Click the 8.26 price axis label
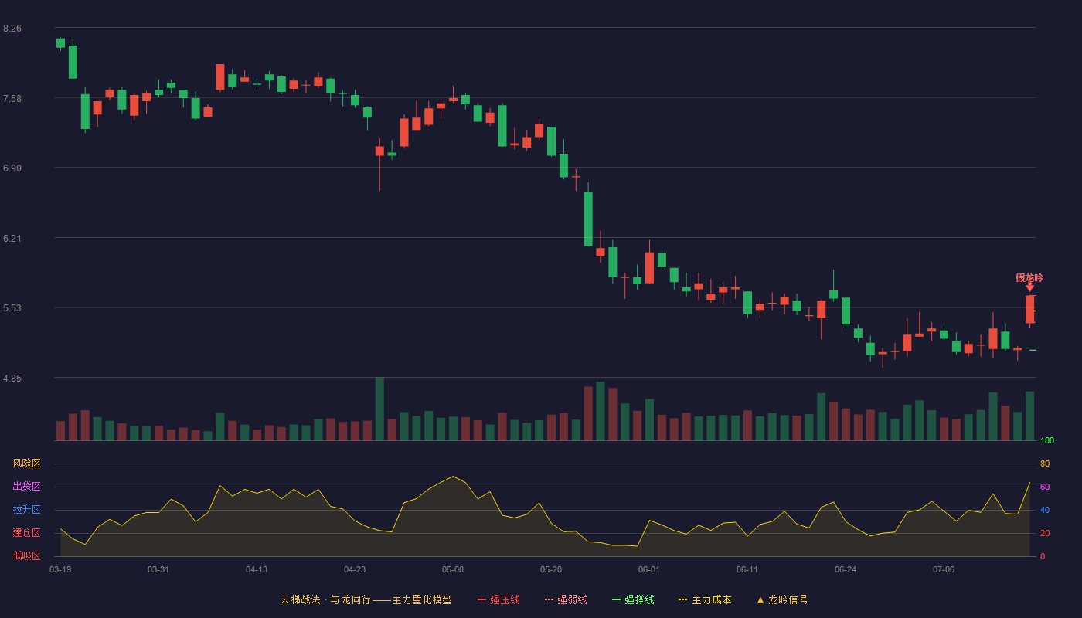12,29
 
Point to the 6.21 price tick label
12,239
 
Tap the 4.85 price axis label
12,379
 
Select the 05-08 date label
453,570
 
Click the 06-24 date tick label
846,570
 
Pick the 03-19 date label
60,570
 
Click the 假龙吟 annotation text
1029,277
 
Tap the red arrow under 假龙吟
1029,287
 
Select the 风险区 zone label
26,463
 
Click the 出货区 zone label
26,486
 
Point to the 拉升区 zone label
26,509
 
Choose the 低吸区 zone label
26,555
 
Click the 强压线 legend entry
498,599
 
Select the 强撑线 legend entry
633,599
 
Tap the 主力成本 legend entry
705,599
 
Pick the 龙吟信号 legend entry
782,599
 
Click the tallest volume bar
379,409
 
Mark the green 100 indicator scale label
1047,440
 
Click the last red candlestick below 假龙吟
1029,309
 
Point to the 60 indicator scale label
1045,487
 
